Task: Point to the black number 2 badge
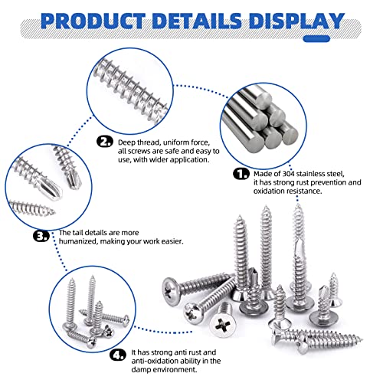[x=105, y=141]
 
